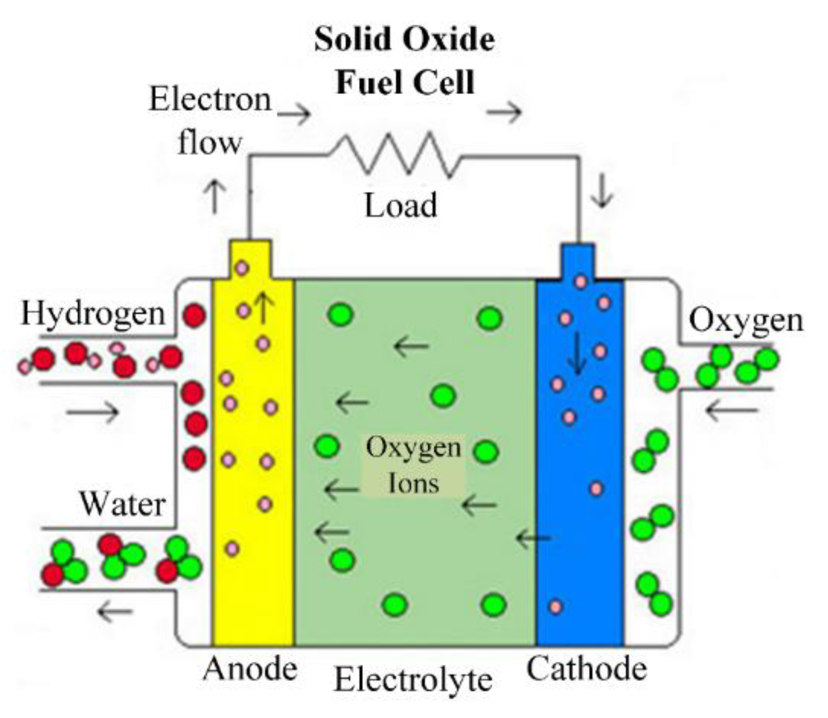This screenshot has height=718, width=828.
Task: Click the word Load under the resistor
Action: [401, 206]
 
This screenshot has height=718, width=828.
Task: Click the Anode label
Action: [250, 669]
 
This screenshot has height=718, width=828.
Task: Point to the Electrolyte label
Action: [413, 680]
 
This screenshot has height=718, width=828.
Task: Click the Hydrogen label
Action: [93, 314]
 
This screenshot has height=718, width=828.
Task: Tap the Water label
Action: [123, 504]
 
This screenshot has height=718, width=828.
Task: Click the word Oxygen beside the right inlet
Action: [746, 320]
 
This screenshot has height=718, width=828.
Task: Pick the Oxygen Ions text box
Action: [413, 465]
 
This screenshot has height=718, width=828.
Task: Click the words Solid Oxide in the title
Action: [404, 39]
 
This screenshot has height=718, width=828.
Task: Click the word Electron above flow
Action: [210, 99]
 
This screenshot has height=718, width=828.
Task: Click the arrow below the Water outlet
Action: [115, 611]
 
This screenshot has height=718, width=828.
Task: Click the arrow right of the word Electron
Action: [294, 113]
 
